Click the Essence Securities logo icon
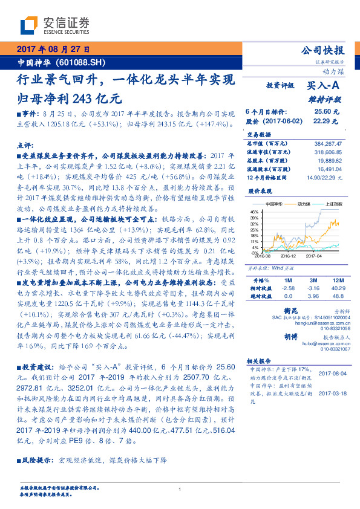tap(29, 26)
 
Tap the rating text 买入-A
tap(324, 86)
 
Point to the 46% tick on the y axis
tap(255, 212)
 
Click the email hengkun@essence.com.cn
tap(318, 324)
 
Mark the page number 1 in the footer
tap(180, 490)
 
